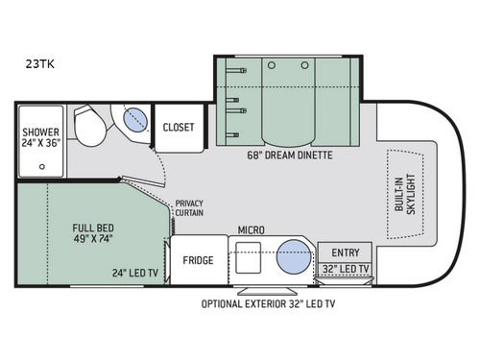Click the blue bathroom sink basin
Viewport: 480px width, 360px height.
pos(136,121)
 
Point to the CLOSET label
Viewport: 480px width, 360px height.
pos(179,126)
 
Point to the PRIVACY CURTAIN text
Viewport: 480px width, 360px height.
pos(189,208)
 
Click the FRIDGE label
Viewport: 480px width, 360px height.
pos(200,260)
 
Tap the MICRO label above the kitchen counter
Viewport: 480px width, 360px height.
pos(252,230)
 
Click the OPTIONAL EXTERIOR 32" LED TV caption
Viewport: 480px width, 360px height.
pos(268,304)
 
